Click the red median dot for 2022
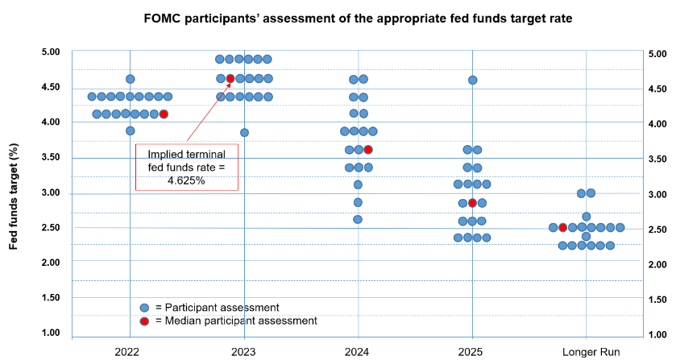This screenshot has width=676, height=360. pos(164,114)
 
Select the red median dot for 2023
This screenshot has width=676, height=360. pos(230,78)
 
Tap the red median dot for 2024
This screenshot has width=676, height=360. pos(368,150)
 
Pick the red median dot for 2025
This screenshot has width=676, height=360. pos(472,203)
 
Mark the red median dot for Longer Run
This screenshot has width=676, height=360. pos(563,228)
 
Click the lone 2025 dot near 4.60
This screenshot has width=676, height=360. pos(472,80)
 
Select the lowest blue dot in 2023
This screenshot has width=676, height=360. pos(244,132)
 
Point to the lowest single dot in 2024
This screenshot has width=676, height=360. pos(358,219)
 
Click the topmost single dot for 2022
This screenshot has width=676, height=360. pos(131,79)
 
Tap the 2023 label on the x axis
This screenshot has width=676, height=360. pos(243,352)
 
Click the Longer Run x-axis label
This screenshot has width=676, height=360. pos(591,352)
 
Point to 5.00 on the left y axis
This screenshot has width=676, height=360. pos(51,52)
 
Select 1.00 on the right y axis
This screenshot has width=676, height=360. pos(657,334)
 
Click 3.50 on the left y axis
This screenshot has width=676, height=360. pos(51,157)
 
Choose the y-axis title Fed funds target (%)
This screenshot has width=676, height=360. pos(14,197)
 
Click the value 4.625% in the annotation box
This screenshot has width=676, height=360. pos(186,180)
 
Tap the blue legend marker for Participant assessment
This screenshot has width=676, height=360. pos(144,308)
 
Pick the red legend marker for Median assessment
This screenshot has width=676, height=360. pos(144,321)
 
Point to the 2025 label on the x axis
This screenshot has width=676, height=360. pos(471,352)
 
